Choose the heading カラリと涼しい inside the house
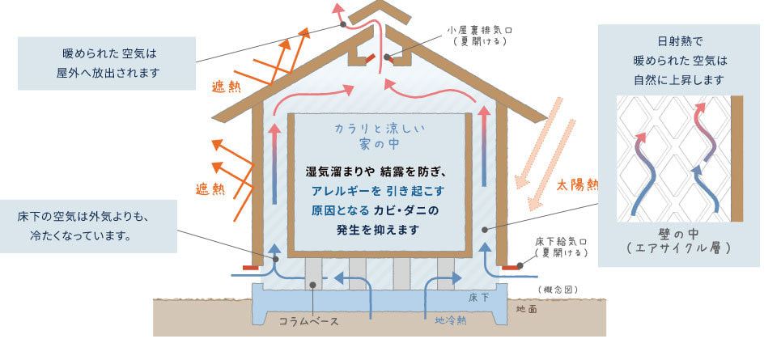[x=380, y=129]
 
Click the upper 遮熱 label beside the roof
[x=227, y=87]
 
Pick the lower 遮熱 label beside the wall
[x=210, y=188]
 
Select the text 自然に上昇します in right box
[x=678, y=79]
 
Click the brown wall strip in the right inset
[x=736, y=159]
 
